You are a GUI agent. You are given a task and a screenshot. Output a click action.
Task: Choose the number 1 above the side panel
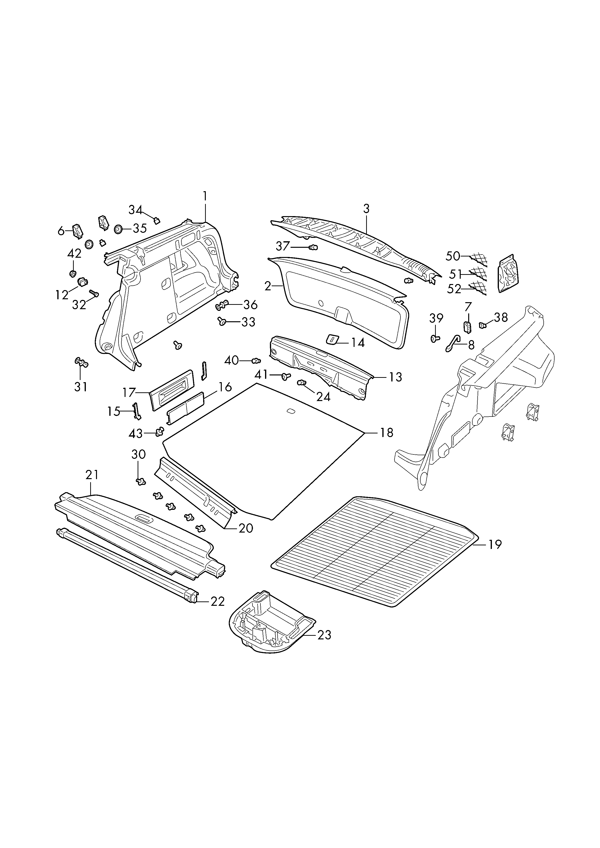pyautogui.click(x=205, y=196)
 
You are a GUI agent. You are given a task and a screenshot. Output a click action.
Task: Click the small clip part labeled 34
pyautogui.click(x=157, y=221)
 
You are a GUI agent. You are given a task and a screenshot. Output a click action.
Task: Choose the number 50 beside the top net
pyautogui.click(x=453, y=256)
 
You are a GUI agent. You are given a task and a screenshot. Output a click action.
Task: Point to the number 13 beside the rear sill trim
pyautogui.click(x=395, y=377)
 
